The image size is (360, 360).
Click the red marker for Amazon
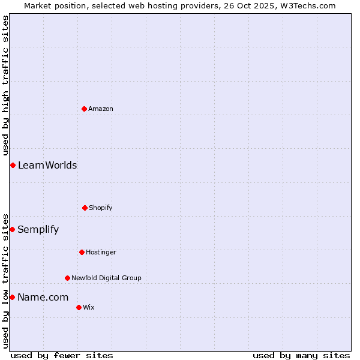point(85,109)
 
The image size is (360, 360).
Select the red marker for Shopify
point(85,208)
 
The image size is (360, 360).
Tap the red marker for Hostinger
point(82,252)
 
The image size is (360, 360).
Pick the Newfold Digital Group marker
point(67,278)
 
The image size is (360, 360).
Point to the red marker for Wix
point(79,307)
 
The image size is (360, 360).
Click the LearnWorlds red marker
point(13,165)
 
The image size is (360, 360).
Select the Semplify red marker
point(12,229)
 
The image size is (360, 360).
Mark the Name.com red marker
point(12,297)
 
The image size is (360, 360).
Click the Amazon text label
point(101,109)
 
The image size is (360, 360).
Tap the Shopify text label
point(101,208)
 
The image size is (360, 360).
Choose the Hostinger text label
point(101,252)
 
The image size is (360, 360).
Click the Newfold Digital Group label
point(106,278)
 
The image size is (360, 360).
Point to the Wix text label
point(89,307)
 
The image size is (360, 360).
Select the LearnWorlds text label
point(47,165)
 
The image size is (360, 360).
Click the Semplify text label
point(38,229)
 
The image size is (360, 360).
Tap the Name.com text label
point(43,297)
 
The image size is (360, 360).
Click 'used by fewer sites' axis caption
point(62,355)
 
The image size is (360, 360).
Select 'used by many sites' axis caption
point(301,355)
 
